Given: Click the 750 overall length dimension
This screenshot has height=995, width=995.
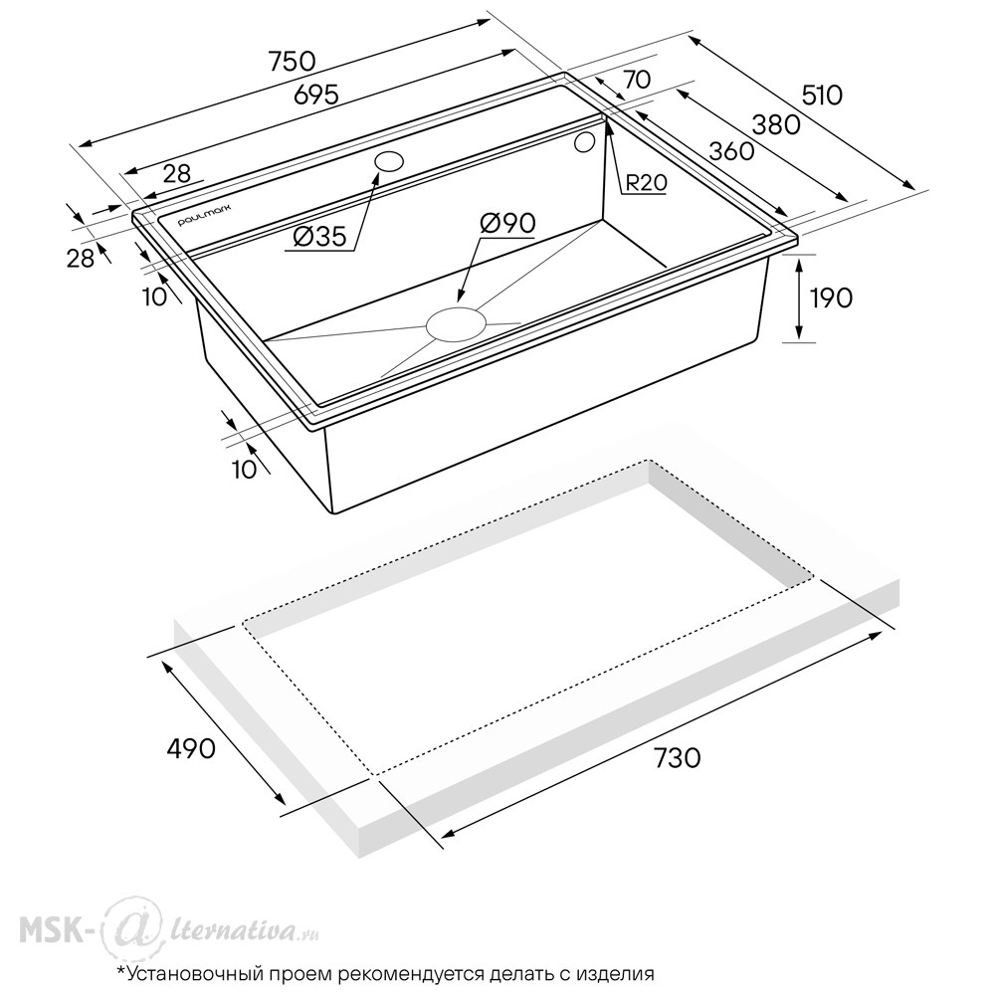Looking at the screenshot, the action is click(x=292, y=62).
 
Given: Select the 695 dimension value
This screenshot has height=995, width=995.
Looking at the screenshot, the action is click(x=316, y=96).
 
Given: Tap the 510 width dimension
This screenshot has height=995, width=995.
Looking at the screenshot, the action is click(x=823, y=96).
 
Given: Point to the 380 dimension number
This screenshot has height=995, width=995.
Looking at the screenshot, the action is click(x=776, y=125).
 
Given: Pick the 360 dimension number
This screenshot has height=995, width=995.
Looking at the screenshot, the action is click(x=731, y=151).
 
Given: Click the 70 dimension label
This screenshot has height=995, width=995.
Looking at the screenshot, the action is click(x=637, y=80).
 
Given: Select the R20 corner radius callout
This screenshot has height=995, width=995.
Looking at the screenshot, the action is click(x=647, y=183).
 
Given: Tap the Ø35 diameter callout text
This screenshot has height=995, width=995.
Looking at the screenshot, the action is click(x=320, y=238).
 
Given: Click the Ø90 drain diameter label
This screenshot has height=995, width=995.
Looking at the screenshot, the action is click(x=507, y=223).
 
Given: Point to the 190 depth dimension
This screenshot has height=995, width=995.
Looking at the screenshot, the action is click(x=832, y=298).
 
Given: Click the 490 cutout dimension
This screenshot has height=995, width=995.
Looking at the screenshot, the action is click(x=191, y=749).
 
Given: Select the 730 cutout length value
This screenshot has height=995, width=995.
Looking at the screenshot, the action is click(x=677, y=757).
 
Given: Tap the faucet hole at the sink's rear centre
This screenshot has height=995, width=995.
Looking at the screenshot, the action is click(x=389, y=162).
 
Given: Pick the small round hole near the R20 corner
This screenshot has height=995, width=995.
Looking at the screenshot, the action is click(x=584, y=142).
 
